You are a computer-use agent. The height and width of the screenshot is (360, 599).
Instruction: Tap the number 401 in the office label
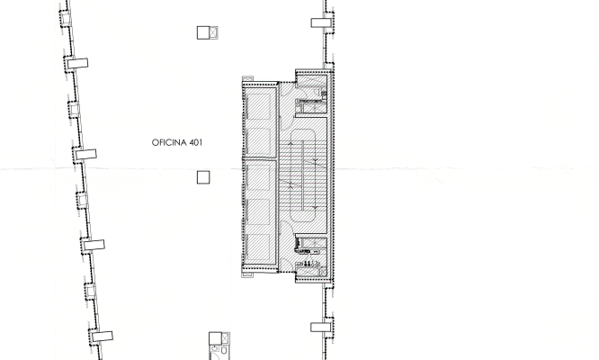(195, 142)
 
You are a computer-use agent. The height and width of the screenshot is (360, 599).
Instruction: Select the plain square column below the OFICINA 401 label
(203, 177)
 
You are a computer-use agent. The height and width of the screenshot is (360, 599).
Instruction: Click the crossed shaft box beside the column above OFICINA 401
(213, 32)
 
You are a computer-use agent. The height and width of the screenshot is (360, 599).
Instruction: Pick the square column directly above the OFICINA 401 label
(203, 32)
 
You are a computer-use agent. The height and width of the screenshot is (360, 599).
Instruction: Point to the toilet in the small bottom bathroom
(224, 350)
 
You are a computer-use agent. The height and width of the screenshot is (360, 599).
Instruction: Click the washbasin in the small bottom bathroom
(215, 349)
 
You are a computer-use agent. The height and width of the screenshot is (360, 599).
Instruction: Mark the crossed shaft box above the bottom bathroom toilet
(226, 338)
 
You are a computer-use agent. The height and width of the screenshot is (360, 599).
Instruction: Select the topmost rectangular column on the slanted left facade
(77, 63)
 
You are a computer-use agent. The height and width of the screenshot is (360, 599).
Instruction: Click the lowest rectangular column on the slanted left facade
(103, 337)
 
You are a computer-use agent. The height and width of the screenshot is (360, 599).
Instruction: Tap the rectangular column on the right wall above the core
(321, 22)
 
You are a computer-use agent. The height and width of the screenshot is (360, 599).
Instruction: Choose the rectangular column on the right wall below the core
(320, 327)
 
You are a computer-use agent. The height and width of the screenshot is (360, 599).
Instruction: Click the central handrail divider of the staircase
(303, 175)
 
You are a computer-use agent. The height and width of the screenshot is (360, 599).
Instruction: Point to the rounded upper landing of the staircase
(303, 130)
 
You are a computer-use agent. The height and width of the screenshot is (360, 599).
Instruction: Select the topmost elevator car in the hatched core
(259, 104)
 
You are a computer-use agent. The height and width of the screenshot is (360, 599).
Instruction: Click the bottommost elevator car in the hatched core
(259, 246)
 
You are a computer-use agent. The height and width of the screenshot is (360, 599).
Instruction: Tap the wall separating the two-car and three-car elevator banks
(259, 157)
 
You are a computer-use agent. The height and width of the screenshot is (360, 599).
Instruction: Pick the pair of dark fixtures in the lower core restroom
(307, 264)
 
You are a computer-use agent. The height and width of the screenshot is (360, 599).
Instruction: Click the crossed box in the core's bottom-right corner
(323, 272)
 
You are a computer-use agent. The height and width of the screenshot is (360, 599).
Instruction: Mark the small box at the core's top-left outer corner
(247, 78)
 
